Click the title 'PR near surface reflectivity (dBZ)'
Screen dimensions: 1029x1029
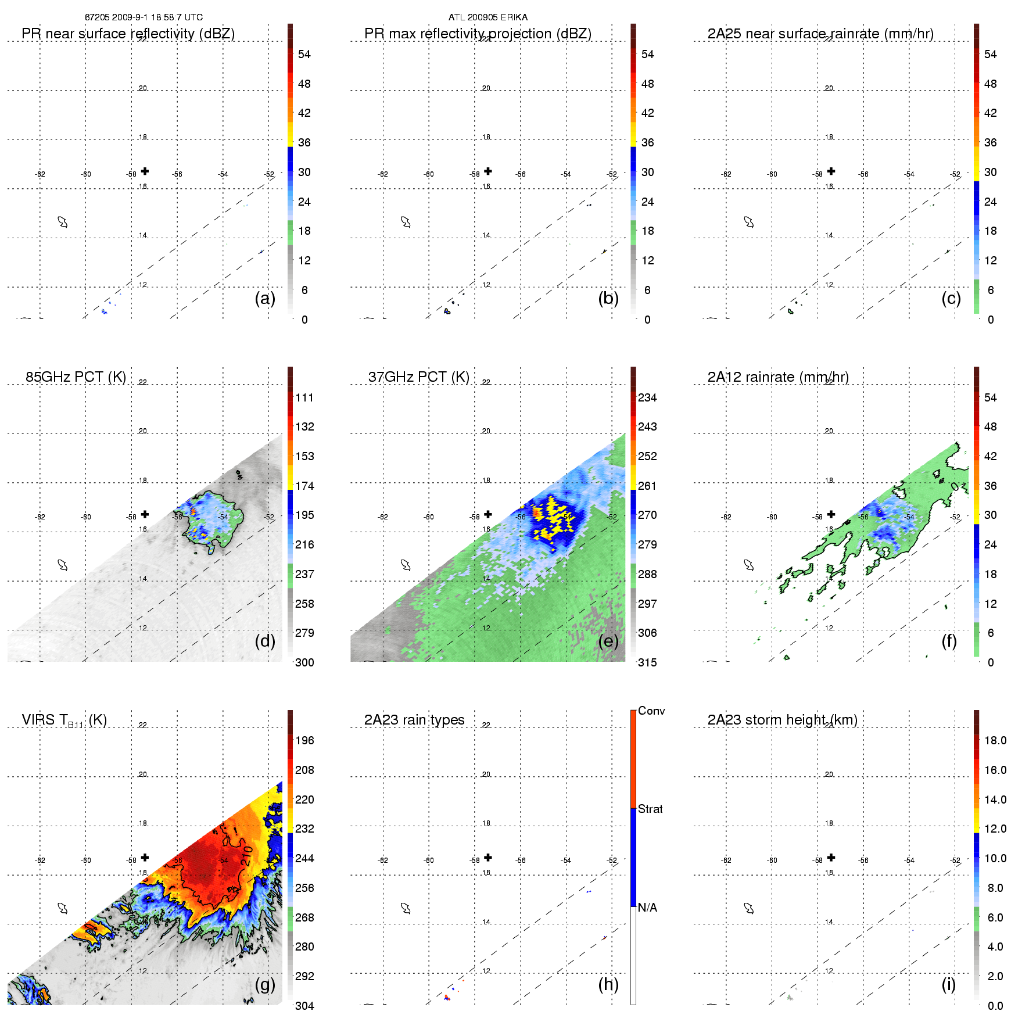pyautogui.click(x=128, y=34)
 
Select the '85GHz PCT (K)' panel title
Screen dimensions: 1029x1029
pyautogui.click(x=76, y=377)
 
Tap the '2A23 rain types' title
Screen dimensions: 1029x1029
pyautogui.click(x=414, y=720)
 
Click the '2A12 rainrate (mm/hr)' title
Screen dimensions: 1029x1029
pyautogui.click(x=778, y=377)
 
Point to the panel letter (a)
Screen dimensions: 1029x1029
pyautogui.click(x=265, y=299)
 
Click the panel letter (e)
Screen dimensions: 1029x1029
pyautogui.click(x=608, y=641)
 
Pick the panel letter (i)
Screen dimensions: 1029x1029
pyautogui.click(x=948, y=984)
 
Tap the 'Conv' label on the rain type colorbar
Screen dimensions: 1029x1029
pyautogui.click(x=651, y=711)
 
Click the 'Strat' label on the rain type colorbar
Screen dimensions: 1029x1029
pyautogui.click(x=650, y=809)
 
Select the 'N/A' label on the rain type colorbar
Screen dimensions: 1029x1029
pyautogui.click(x=647, y=908)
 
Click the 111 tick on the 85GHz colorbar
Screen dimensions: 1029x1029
pyautogui.click(x=304, y=397)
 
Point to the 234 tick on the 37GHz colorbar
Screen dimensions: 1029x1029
pyautogui.click(x=647, y=397)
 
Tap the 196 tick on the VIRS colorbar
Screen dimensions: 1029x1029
pyautogui.click(x=304, y=740)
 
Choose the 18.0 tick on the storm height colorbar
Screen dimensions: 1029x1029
pyautogui.click(x=995, y=740)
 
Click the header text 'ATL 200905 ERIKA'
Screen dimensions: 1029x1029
pyautogui.click(x=488, y=17)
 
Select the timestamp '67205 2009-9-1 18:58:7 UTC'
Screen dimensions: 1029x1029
pyautogui.click(x=144, y=17)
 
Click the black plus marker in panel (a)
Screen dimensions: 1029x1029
pyautogui.click(x=145, y=171)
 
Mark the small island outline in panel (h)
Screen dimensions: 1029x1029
pyautogui.click(x=406, y=908)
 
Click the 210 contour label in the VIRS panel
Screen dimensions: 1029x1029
pyautogui.click(x=246, y=856)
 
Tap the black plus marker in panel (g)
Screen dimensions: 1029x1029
pyautogui.click(x=145, y=857)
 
